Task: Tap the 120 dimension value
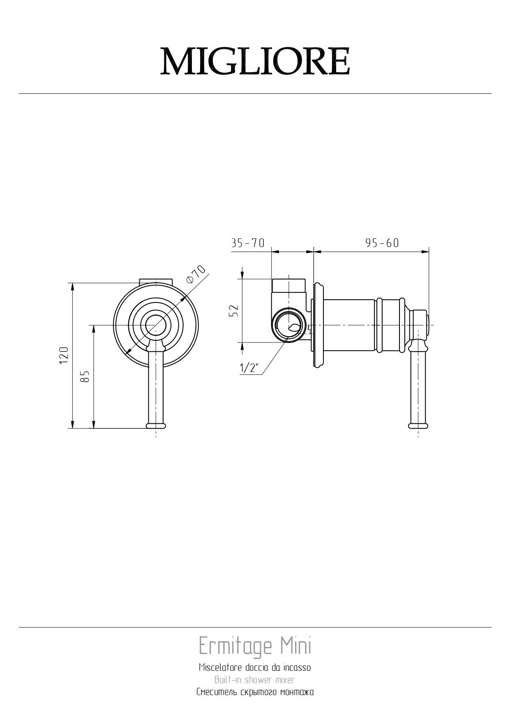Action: pos(63,355)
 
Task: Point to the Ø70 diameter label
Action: pos(196,274)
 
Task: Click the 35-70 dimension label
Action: pos(248,243)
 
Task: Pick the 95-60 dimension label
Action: pos(382,243)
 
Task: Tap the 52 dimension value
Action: pos(233,311)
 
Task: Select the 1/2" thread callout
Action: pos(249,368)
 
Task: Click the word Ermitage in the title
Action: pos(235,646)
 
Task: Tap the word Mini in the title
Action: pos(296,646)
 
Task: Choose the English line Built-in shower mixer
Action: pos(255,680)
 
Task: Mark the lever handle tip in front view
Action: pos(156,425)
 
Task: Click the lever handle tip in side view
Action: pos(418,425)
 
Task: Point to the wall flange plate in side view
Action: pos(318,325)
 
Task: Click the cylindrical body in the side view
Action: pos(349,325)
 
